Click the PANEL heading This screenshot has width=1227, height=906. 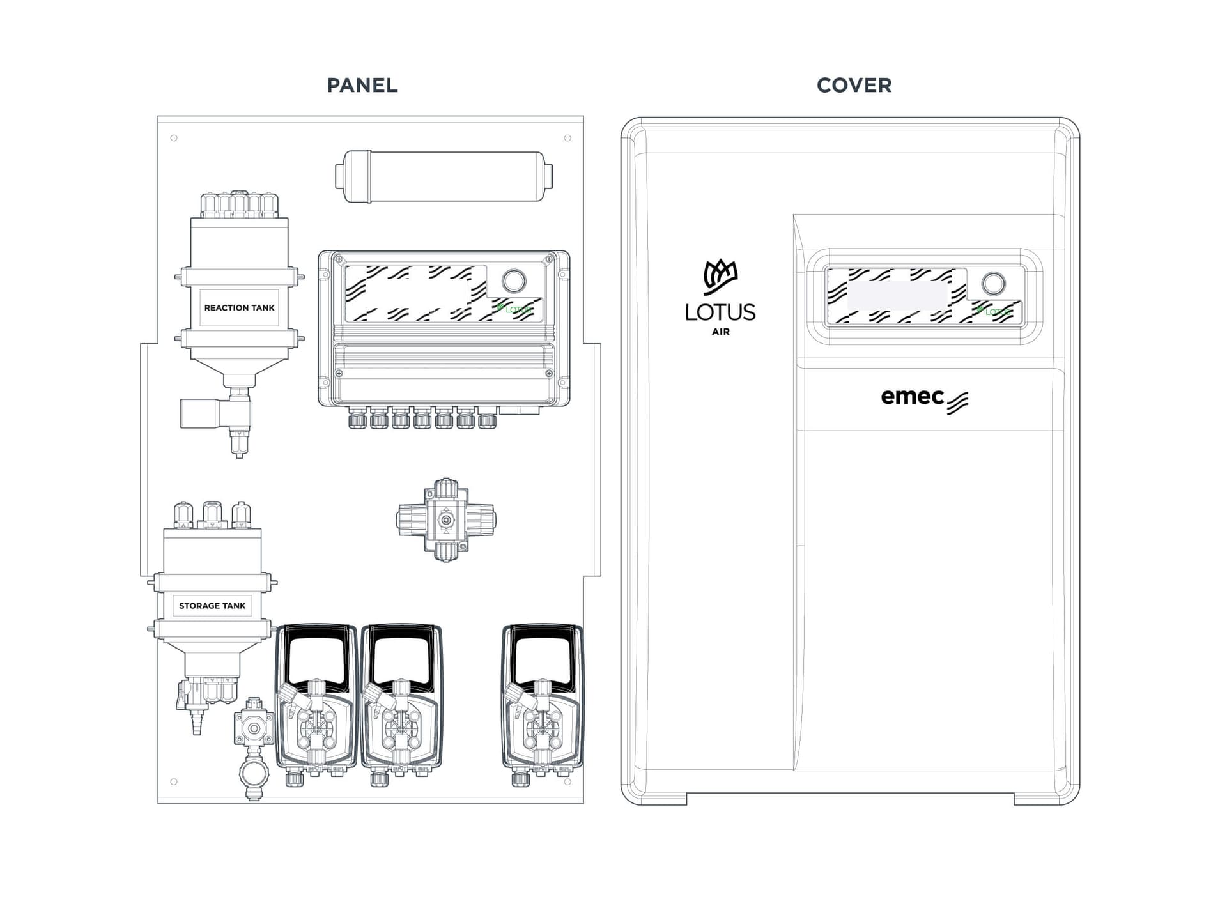(x=362, y=85)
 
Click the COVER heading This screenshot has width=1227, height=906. (x=854, y=85)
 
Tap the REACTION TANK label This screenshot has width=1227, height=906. (x=239, y=308)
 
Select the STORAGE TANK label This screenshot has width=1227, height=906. (x=212, y=606)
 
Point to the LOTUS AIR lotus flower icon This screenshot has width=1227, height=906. (x=720, y=277)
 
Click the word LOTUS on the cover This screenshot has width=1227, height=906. (x=720, y=312)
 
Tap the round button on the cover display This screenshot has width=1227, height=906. (x=993, y=283)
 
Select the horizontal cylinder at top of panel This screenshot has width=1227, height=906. (x=444, y=176)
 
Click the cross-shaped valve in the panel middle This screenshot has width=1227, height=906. (x=446, y=520)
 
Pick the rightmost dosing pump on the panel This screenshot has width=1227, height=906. (x=542, y=703)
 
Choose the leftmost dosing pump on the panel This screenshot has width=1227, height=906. (x=316, y=703)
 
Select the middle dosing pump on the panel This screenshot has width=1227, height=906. (x=401, y=703)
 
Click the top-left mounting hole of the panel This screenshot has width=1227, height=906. (x=174, y=138)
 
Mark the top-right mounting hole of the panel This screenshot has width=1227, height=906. (x=567, y=138)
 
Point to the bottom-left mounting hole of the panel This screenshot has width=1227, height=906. (x=174, y=781)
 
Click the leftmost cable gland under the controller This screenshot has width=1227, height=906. (x=357, y=420)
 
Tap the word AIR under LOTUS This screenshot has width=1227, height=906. (x=720, y=332)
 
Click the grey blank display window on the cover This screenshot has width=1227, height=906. (x=897, y=295)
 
